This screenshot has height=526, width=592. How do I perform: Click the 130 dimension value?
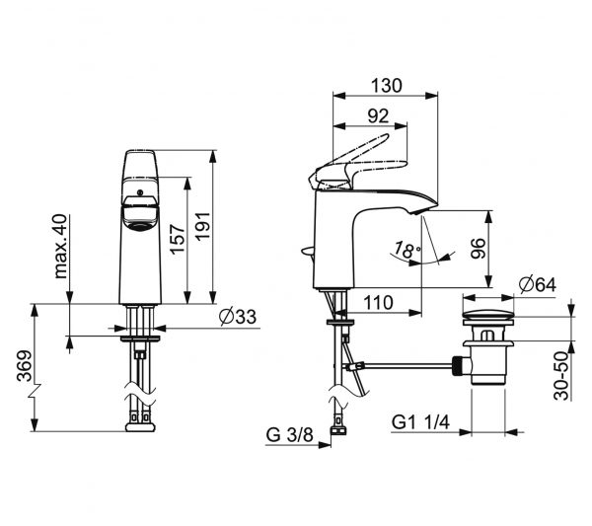[386, 86]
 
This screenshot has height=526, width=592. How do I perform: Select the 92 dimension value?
[378, 115]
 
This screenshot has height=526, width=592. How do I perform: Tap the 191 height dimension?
[202, 226]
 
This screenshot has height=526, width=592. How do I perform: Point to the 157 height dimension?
[177, 239]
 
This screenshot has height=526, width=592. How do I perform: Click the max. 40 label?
[61, 246]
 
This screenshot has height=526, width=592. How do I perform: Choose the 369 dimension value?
[24, 366]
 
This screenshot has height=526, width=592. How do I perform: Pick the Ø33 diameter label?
[238, 317]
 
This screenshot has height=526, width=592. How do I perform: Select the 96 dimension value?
[478, 248]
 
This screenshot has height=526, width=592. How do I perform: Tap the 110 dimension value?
[378, 302]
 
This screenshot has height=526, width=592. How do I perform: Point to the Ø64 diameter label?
[538, 284]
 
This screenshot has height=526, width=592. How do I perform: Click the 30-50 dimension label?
[561, 375]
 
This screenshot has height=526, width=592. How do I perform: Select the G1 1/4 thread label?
[421, 422]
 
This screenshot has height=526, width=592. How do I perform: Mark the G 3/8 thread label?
[290, 434]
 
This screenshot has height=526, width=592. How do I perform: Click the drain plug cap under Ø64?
[488, 317]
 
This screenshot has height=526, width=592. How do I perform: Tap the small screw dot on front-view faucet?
[140, 192]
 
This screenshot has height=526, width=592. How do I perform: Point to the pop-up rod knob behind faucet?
[308, 251]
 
